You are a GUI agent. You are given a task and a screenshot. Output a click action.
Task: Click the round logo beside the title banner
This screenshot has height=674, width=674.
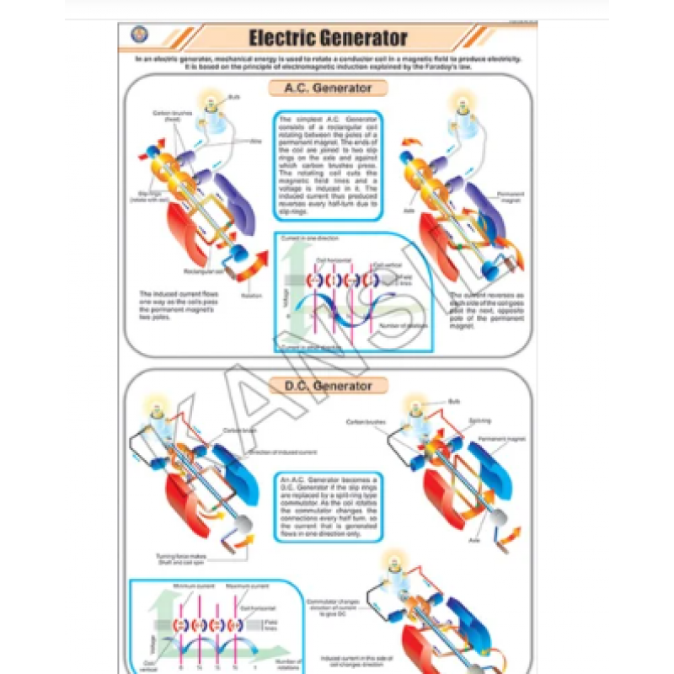pyautogui.click(x=138, y=35)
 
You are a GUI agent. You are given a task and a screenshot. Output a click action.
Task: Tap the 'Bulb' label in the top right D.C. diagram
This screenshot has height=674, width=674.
pyautogui.click(x=454, y=401)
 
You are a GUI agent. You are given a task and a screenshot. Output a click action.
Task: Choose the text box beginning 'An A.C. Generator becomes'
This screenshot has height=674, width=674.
pyautogui.click(x=328, y=506)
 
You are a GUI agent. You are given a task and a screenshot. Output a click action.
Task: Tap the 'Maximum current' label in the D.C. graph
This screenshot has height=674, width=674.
pyautogui.click(x=238, y=585)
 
